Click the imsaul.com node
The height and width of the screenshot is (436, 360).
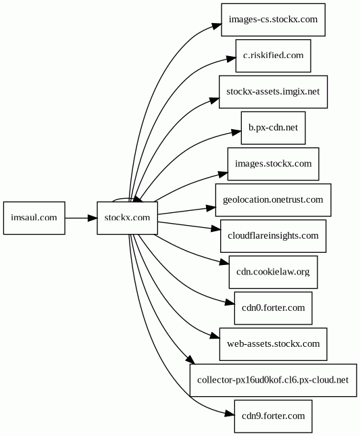coord(34,218)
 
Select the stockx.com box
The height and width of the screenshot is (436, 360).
coord(127,218)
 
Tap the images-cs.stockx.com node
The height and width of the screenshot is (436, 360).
coord(273,20)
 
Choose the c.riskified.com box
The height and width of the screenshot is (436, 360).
coord(274,55)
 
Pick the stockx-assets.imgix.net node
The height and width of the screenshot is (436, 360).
coord(273,92)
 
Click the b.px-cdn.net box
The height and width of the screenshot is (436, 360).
coord(274,128)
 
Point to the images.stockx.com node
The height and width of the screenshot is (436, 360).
coord(274,164)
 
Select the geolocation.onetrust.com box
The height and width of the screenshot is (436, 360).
coord(274,200)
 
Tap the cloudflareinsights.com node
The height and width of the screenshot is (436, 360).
coord(274,236)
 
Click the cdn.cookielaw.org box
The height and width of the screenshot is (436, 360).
coord(274,272)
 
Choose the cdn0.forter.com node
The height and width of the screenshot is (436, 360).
coord(274,308)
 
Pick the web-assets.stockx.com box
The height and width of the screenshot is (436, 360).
coord(274,344)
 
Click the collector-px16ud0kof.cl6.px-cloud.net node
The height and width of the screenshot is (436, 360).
coord(274,380)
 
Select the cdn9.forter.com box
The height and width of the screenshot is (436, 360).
coord(274,416)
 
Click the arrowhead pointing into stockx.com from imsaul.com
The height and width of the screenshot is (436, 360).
coord(93,218)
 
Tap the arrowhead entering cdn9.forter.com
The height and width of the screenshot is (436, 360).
coord(230,414)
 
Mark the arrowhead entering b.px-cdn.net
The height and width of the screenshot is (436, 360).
coord(236,132)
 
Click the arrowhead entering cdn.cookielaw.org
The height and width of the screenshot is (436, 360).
coord(224,262)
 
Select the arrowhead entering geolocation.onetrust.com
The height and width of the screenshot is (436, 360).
coord(211,208)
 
